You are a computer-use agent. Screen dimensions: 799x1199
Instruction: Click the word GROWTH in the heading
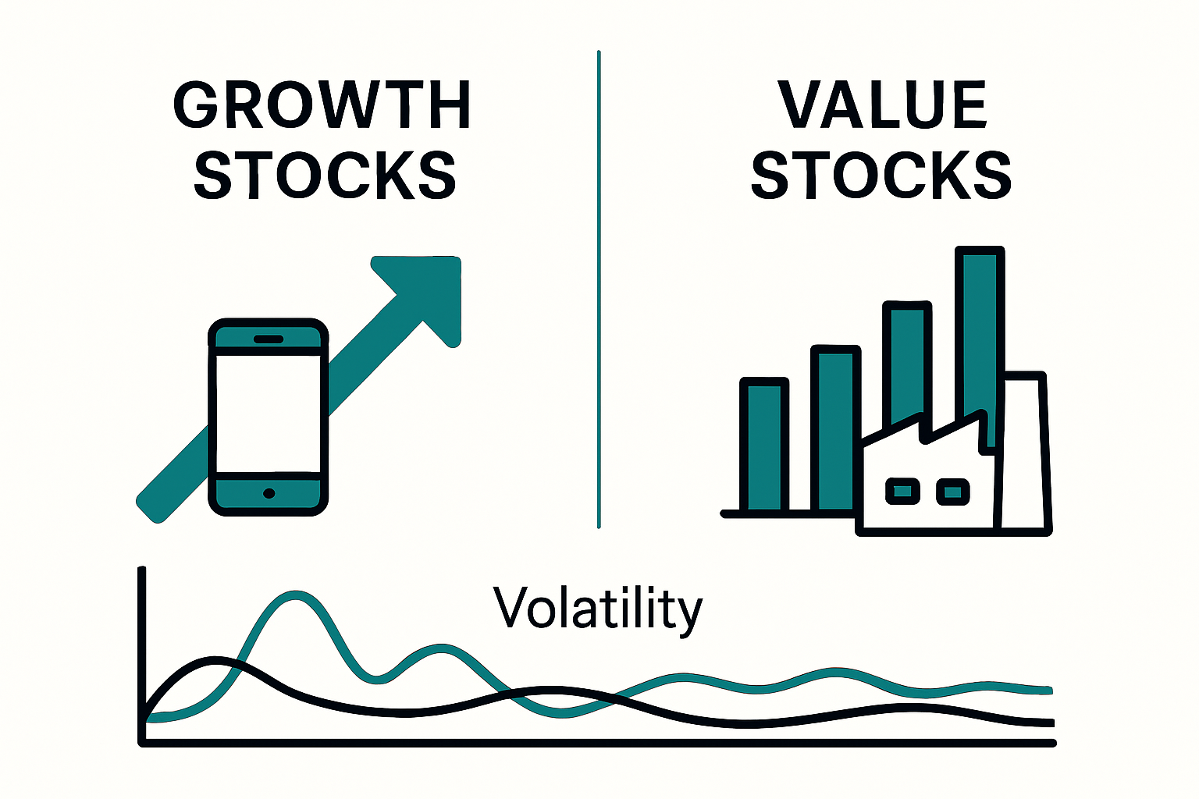(x=322, y=105)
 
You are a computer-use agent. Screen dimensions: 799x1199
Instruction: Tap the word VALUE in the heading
(x=883, y=105)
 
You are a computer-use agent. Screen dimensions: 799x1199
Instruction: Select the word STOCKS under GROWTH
(x=325, y=176)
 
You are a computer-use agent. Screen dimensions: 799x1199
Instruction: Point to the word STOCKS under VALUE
(x=881, y=176)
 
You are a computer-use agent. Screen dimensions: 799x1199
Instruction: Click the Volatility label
(x=598, y=609)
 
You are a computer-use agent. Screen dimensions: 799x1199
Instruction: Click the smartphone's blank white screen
(x=268, y=413)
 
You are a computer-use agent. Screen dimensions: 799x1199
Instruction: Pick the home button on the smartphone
(x=269, y=493)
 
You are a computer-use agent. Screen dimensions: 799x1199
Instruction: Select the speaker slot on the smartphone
(x=269, y=339)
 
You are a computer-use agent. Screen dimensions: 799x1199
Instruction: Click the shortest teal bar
(x=764, y=445)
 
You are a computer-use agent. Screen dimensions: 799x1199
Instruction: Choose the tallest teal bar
(x=980, y=343)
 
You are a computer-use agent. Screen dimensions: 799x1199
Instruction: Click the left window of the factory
(x=902, y=491)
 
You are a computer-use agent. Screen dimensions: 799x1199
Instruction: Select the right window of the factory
(x=952, y=492)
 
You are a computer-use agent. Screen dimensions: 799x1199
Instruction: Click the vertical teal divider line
(x=599, y=289)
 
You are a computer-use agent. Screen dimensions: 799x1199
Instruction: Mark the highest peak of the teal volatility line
(x=296, y=594)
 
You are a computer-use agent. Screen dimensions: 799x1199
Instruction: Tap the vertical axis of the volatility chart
(x=142, y=655)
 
